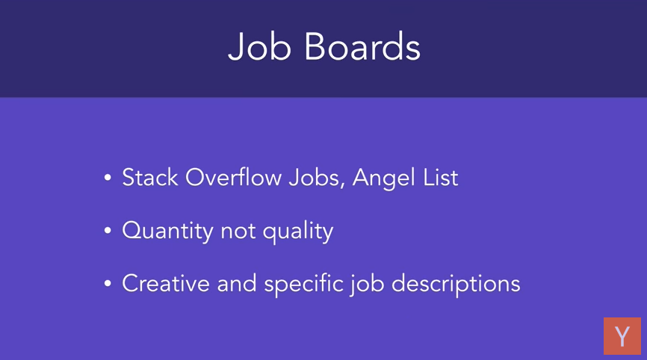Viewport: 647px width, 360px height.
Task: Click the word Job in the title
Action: (260, 46)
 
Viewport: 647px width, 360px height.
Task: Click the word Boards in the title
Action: (362, 46)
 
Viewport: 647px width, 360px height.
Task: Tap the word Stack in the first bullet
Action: (150, 177)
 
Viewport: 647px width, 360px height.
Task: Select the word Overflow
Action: (234, 177)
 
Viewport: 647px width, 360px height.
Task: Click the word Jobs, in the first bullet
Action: (317, 179)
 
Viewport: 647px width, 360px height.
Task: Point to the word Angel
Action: (383, 179)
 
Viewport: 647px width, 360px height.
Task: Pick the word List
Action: (441, 177)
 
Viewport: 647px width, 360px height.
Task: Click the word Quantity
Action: (167, 231)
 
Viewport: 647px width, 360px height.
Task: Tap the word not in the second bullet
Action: (238, 232)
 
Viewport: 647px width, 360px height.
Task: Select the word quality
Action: (298, 232)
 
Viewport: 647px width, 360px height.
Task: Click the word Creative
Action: (166, 284)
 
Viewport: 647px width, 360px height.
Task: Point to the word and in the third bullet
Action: (237, 284)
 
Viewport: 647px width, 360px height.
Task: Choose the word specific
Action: (303, 285)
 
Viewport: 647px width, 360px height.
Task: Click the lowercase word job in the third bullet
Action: (368, 285)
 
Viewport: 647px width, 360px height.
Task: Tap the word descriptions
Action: (456, 285)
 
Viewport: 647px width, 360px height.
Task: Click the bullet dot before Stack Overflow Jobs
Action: (108, 178)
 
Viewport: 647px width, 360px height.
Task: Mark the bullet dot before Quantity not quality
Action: (108, 231)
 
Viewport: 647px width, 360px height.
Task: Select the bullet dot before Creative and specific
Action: (108, 283)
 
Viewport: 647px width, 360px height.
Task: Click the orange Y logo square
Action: (622, 336)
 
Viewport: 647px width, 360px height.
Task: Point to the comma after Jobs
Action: (342, 185)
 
